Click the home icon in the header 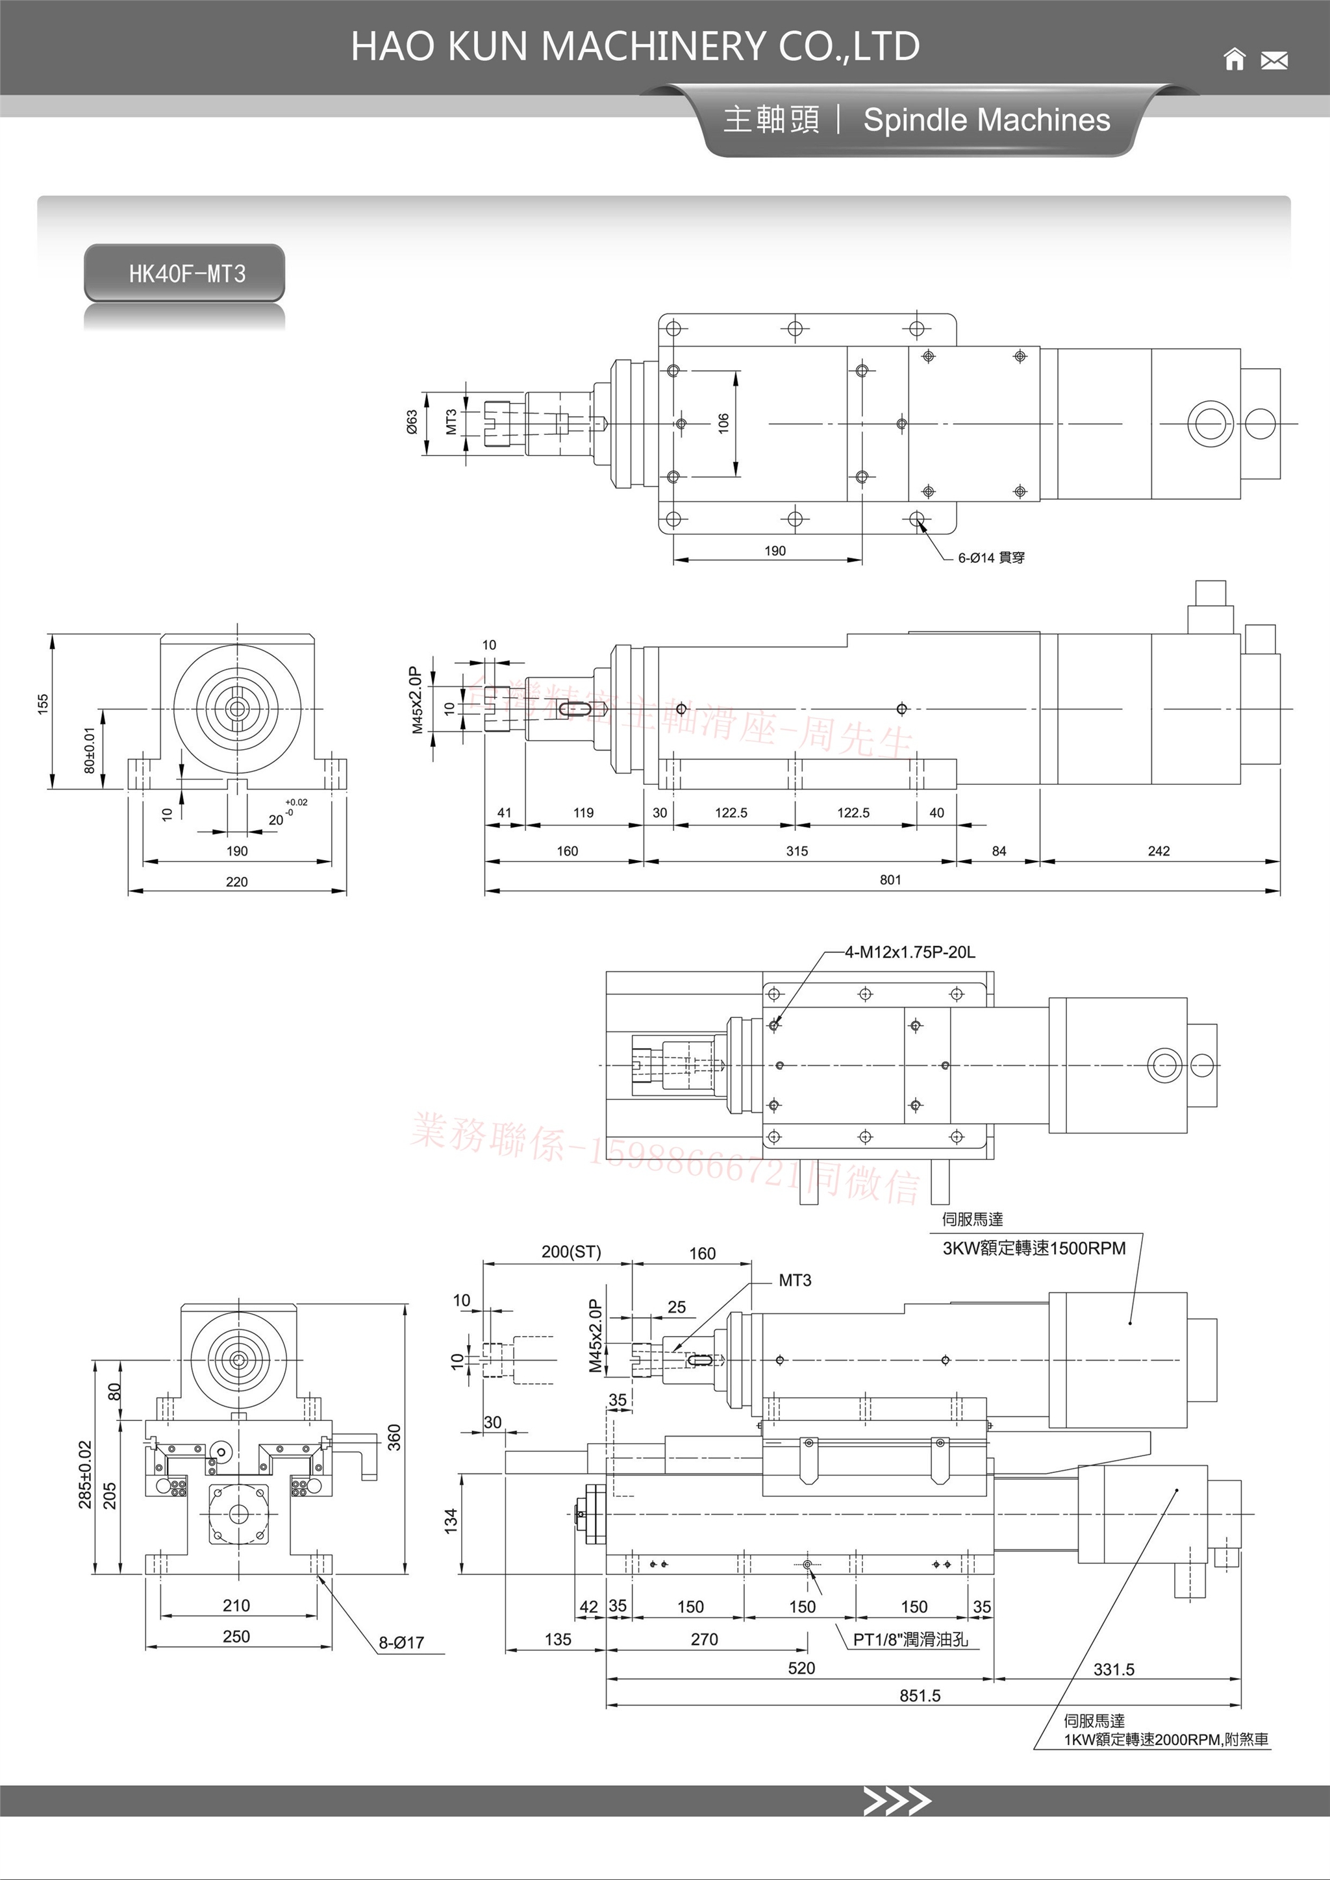(x=1234, y=60)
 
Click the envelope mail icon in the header (x=1274, y=60)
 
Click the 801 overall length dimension (x=890, y=880)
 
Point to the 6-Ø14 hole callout (x=991, y=558)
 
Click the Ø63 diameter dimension (x=412, y=423)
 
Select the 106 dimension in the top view (x=723, y=423)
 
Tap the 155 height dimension (x=43, y=704)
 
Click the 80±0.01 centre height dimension (x=89, y=749)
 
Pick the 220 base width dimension (x=236, y=881)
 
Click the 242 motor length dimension (x=1158, y=851)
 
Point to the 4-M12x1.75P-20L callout (x=910, y=952)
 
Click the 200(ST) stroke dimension (x=571, y=1252)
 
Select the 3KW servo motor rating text (x=1033, y=1248)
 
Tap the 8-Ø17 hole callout (x=401, y=1642)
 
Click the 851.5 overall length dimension (x=920, y=1696)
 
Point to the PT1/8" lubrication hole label (x=910, y=1639)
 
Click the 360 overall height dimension (x=394, y=1437)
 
